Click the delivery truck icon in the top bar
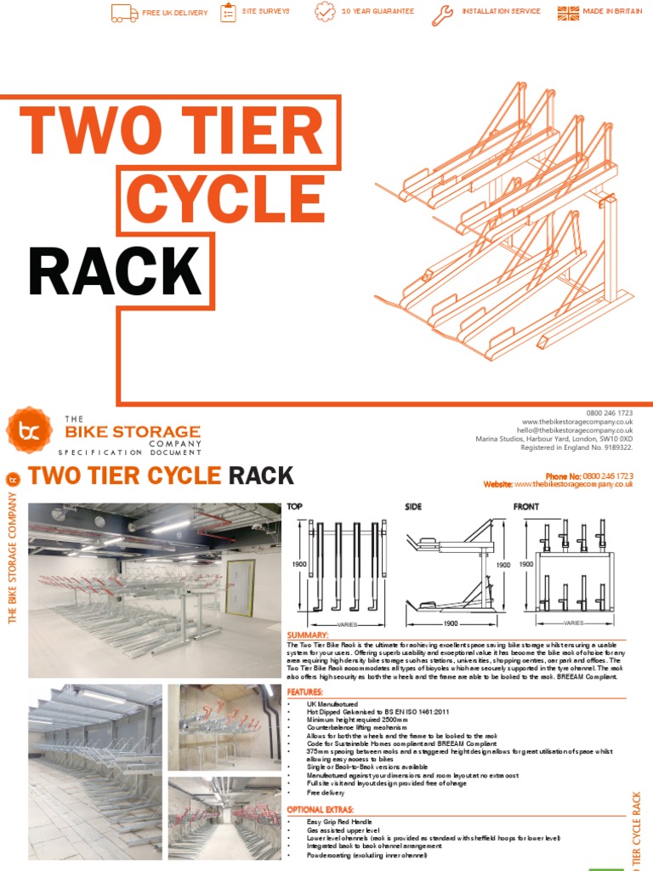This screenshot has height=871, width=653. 124,13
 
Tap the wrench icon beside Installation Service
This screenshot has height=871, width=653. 443,13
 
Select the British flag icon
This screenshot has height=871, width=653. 568,13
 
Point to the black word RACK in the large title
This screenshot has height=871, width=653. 115,272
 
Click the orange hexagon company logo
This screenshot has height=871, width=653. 29,430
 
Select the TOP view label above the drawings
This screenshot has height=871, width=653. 295,507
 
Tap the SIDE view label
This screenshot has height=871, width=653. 413,507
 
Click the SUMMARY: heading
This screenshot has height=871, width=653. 308,635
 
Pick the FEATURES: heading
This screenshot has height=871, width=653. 305,692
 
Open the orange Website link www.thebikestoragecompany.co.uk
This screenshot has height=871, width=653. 573,484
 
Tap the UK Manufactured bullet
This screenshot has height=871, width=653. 332,704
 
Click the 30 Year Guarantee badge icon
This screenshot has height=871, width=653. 325,13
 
